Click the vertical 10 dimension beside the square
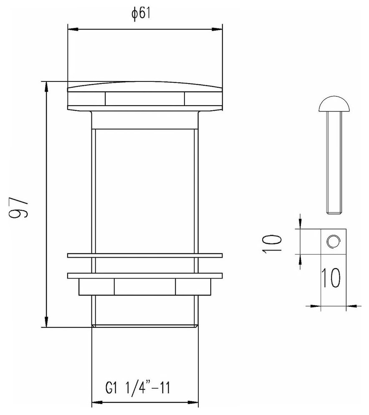point(272,242)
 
